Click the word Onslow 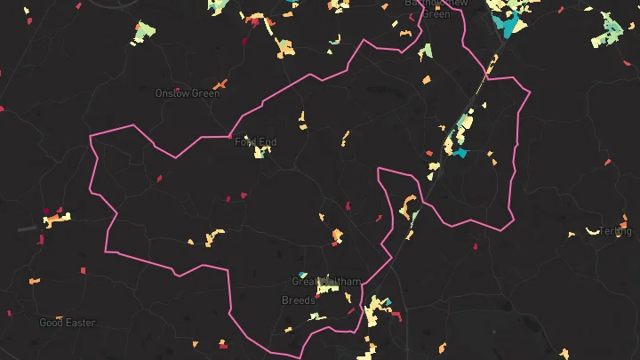point(172,93)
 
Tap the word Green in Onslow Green point(205,93)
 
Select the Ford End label point(255,142)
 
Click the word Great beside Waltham point(303,282)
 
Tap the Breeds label point(299,300)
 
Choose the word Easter point(80,323)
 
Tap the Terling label point(615,231)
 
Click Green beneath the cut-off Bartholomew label point(436,14)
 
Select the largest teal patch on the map point(508,25)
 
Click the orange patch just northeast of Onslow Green point(220,84)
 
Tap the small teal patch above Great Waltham point(303,275)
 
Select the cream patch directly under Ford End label point(260,152)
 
